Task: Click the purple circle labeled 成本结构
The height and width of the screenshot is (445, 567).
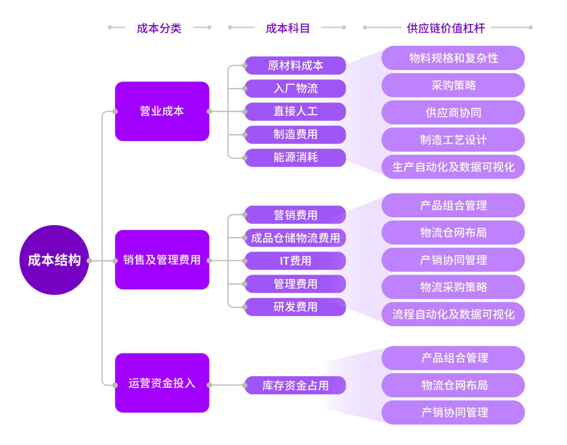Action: click(x=54, y=260)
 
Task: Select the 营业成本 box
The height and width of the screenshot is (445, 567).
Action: click(x=162, y=111)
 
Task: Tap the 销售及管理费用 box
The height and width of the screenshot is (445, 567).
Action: click(x=162, y=260)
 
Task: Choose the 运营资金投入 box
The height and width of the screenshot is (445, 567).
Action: click(x=162, y=383)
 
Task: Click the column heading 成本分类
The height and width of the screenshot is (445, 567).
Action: click(x=159, y=28)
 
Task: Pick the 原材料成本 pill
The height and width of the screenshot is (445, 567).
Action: click(x=295, y=65)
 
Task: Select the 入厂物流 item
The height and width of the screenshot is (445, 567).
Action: click(x=295, y=88)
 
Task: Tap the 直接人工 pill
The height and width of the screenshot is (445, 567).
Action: click(x=295, y=111)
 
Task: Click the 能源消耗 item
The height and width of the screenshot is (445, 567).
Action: click(x=295, y=157)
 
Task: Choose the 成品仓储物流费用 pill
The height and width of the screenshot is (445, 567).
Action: click(x=295, y=238)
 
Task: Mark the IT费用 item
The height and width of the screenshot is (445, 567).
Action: click(x=295, y=261)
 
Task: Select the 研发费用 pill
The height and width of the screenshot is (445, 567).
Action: click(x=295, y=307)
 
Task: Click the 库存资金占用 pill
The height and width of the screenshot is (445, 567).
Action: click(x=295, y=386)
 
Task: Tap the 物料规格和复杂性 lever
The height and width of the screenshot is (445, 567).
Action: click(x=453, y=58)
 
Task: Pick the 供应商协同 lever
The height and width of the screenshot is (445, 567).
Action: click(x=453, y=113)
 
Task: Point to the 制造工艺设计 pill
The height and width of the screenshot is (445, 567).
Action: click(x=453, y=140)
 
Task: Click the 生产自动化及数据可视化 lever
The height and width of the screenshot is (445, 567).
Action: click(x=453, y=167)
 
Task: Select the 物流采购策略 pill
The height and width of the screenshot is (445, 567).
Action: click(x=453, y=287)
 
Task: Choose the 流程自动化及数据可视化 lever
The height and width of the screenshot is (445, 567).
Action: click(x=453, y=314)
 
